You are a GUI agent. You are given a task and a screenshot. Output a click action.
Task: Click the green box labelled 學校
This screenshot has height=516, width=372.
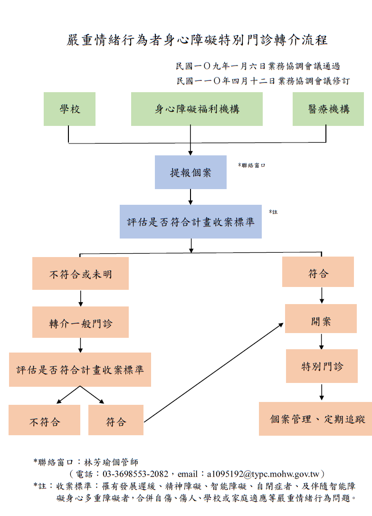pyautogui.click(x=69, y=109)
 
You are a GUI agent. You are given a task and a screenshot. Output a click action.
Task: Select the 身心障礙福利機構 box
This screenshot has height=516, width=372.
pyautogui.click(x=197, y=109)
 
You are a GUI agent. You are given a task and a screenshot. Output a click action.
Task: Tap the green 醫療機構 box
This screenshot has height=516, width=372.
pyautogui.click(x=328, y=109)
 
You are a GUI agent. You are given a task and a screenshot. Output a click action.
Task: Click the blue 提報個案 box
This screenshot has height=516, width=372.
pyautogui.click(x=190, y=172)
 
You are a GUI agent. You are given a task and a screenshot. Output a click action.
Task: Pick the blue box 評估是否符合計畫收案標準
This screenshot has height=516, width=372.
pyautogui.click(x=191, y=221)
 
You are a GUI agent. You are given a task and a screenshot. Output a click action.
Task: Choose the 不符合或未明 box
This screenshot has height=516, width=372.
pyautogui.click(x=80, y=273)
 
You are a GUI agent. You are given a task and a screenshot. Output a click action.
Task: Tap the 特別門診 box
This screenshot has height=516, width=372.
pyautogui.click(x=322, y=366)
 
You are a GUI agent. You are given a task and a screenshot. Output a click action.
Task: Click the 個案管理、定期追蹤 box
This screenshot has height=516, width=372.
pyautogui.click(x=315, y=419)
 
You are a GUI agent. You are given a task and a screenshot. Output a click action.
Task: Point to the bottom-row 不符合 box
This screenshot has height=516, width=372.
pyautogui.click(x=45, y=420)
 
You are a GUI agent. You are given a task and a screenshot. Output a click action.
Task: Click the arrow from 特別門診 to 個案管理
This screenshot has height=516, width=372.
pyautogui.click(x=322, y=392)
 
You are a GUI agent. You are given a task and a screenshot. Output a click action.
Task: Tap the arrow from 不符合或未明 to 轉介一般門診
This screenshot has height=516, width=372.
pyautogui.click(x=80, y=298)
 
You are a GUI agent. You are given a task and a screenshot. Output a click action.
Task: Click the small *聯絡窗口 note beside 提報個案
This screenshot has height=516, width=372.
pyautogui.click(x=251, y=165)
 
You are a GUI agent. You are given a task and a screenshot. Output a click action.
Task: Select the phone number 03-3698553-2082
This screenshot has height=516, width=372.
pyautogui.click(x=135, y=474)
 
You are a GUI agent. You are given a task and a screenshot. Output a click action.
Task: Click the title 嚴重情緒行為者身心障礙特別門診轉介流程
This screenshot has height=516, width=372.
pyautogui.click(x=197, y=40)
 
